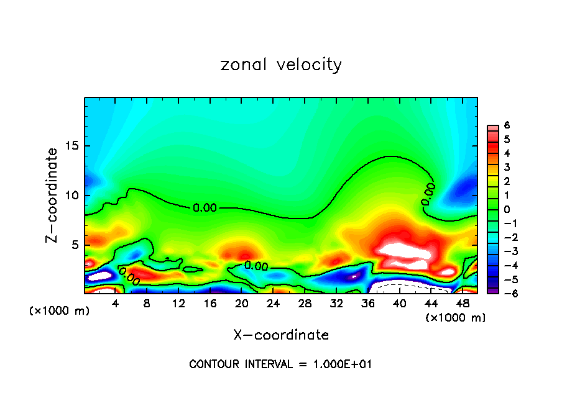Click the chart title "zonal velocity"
(x=281, y=65)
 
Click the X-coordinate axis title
(x=281, y=335)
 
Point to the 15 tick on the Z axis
(x=73, y=146)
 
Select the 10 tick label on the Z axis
(x=73, y=196)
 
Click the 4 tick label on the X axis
(x=115, y=303)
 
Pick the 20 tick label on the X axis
(x=241, y=303)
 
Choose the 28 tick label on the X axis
(x=305, y=303)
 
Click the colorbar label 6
(x=507, y=125)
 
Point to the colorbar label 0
(x=507, y=209)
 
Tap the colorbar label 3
(x=507, y=167)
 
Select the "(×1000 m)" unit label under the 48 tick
(x=456, y=318)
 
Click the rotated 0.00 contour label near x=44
(x=428, y=194)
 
